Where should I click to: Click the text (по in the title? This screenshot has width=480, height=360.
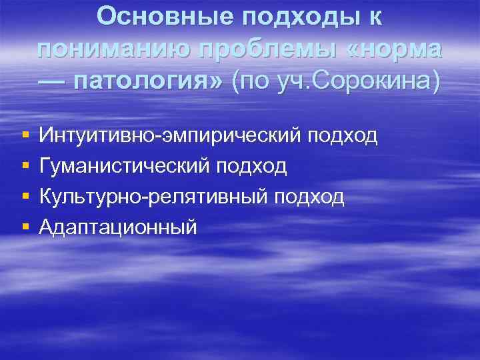click(x=251, y=83)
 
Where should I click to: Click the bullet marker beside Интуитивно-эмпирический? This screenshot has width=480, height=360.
click(x=25, y=135)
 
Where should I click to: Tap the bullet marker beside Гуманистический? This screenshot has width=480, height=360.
click(x=25, y=166)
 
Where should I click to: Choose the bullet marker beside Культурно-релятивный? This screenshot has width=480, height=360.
click(x=25, y=197)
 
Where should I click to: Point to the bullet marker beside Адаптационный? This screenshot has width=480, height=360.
click(x=25, y=227)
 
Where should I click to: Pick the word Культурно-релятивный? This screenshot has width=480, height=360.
click(x=153, y=197)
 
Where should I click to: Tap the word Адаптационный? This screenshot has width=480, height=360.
click(x=118, y=227)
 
